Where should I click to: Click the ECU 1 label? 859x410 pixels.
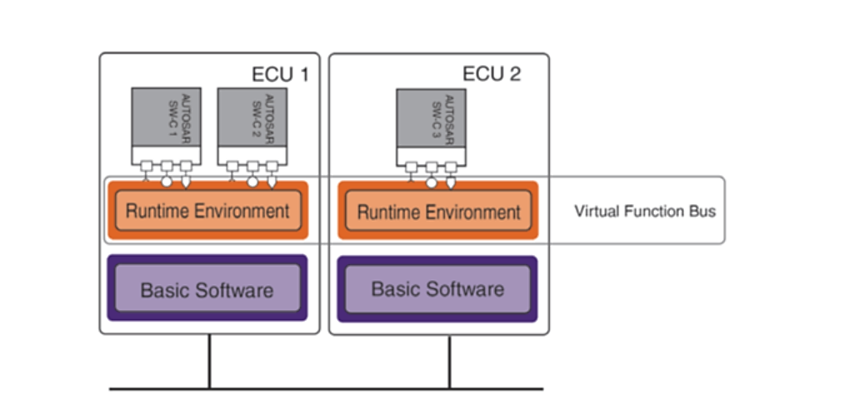tap(280, 74)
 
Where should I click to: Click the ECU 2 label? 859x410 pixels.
tap(492, 73)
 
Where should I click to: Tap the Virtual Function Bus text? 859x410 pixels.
tap(645, 211)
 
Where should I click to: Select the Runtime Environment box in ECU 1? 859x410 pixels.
tap(207, 211)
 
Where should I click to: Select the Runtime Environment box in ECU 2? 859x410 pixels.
tap(437, 211)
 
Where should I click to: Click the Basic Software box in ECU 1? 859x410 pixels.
tap(207, 288)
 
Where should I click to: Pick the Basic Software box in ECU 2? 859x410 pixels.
tap(437, 289)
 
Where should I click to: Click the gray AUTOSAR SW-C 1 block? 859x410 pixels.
tap(166, 117)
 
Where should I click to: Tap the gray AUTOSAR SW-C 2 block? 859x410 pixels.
tap(252, 117)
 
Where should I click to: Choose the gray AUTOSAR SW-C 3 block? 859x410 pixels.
tap(431, 117)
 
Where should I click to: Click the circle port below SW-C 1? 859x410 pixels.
tap(167, 181)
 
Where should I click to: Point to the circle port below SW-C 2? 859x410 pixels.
tap(252, 181)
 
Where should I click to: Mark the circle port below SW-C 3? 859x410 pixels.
tap(432, 182)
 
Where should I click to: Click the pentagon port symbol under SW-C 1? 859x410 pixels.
tap(186, 182)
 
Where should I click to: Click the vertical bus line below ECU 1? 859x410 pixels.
tap(209, 361)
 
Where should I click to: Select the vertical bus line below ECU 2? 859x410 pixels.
tap(450, 362)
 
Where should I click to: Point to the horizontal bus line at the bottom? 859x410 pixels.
tap(327, 389)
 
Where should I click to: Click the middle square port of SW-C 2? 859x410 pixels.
tap(252, 166)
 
